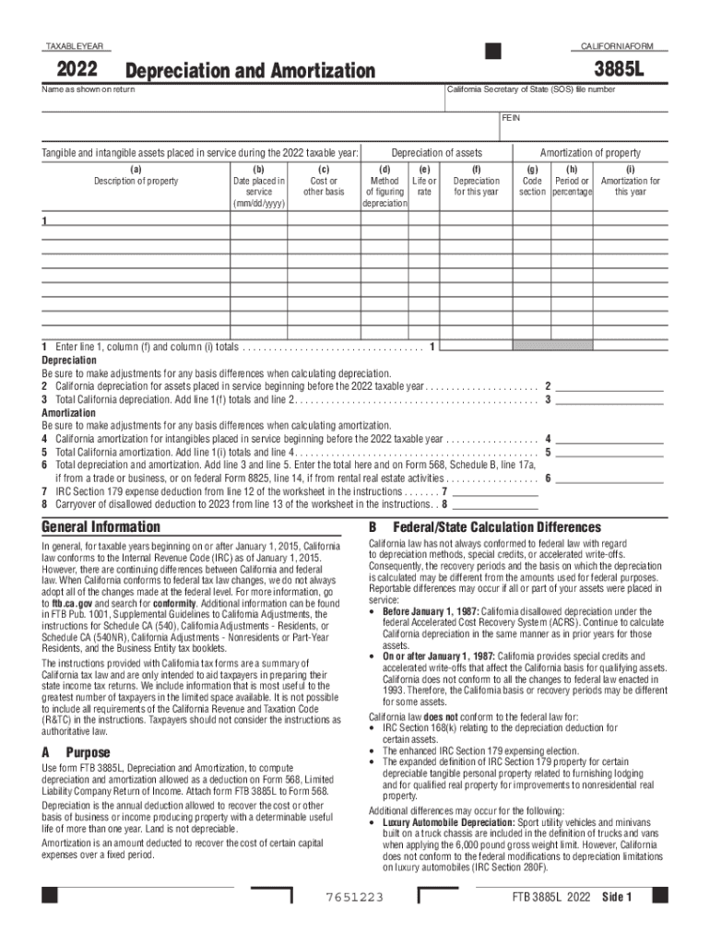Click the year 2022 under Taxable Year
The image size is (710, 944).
click(79, 69)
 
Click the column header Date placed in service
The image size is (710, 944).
click(258, 192)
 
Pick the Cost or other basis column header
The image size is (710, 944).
click(324, 186)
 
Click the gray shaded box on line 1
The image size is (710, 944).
click(540, 346)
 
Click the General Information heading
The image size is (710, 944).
click(101, 526)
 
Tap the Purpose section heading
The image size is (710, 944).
click(88, 753)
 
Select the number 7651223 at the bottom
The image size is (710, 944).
click(354, 898)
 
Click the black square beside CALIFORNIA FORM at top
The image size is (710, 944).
click(493, 49)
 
